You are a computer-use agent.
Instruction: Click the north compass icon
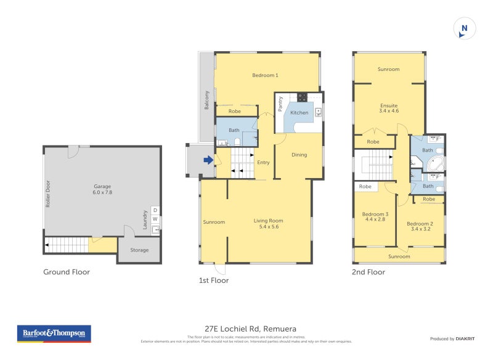(465, 28)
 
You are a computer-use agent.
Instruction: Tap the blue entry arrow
(209, 160)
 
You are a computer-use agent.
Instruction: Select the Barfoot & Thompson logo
(54, 333)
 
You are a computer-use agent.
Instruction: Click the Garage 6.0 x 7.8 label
(102, 189)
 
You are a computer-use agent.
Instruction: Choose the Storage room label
(139, 250)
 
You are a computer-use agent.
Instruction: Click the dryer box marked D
(155, 210)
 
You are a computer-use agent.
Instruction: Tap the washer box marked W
(155, 219)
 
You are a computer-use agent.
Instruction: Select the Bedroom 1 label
(266, 76)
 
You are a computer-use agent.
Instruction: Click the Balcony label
(207, 100)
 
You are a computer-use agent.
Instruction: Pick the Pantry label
(280, 104)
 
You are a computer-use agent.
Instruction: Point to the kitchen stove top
(302, 97)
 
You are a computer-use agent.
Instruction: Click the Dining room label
(299, 155)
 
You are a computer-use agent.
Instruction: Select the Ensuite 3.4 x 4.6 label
(389, 108)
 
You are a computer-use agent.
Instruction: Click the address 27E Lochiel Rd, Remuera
(246, 329)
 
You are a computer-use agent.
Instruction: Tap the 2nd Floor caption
(368, 272)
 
